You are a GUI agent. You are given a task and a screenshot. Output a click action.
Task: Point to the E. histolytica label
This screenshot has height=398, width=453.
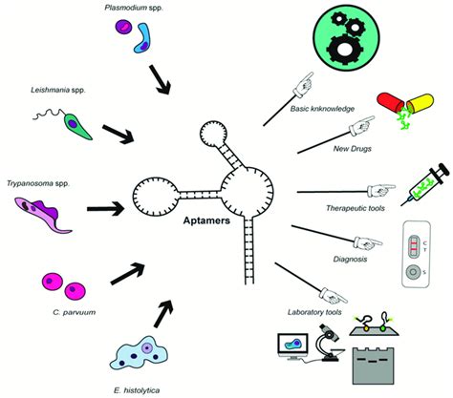pos(147,388)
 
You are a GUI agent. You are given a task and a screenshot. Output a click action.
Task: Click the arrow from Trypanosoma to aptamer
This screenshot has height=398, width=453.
pos(106,207)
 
